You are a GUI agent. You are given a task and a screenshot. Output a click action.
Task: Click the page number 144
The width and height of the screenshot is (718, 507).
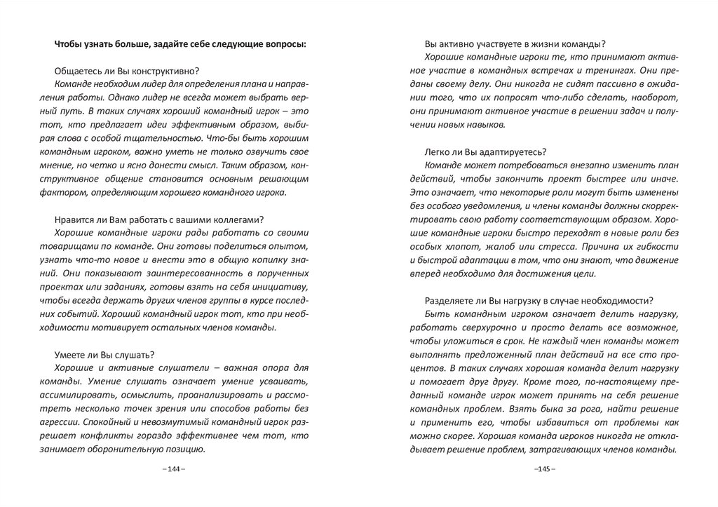click(173, 468)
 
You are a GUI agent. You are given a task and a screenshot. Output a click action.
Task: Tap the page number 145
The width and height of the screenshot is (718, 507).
click(544, 468)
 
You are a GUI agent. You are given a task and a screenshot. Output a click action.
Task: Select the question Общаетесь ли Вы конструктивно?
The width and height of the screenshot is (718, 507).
click(126, 72)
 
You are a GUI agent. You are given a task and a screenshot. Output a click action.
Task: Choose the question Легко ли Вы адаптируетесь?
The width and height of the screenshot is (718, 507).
click(486, 152)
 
